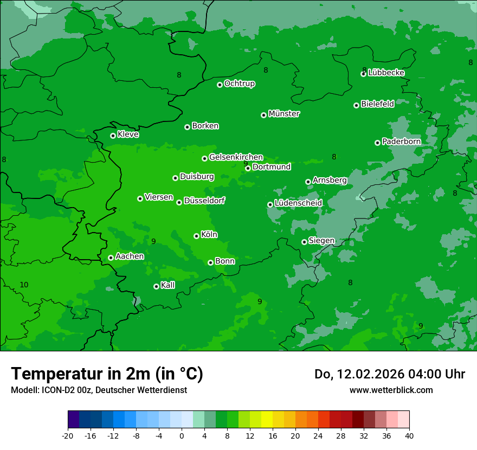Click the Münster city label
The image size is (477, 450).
(x=284, y=114)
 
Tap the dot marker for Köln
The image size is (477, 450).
(x=196, y=236)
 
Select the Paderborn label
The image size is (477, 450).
(x=401, y=142)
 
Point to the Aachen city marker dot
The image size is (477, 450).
(x=111, y=258)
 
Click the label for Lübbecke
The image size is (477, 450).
(x=386, y=73)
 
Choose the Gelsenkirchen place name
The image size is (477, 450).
(x=236, y=157)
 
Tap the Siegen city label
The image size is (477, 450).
(x=321, y=241)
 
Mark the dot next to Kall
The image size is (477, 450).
(x=156, y=286)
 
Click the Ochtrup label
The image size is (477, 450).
(x=239, y=83)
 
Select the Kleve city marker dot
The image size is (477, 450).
(x=113, y=136)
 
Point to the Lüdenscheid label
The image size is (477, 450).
(x=298, y=203)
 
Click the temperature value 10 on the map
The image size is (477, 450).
(x=24, y=285)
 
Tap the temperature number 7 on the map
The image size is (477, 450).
(x=107, y=46)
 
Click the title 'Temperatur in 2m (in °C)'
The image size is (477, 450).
(x=107, y=374)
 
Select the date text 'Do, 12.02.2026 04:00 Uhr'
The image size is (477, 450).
(x=389, y=374)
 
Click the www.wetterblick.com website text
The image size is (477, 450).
(x=391, y=390)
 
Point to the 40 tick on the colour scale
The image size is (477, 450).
(x=409, y=435)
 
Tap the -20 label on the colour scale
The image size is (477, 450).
(x=68, y=435)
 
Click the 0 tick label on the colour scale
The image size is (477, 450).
(x=182, y=435)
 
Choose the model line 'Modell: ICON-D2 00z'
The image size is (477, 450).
(x=51, y=390)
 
